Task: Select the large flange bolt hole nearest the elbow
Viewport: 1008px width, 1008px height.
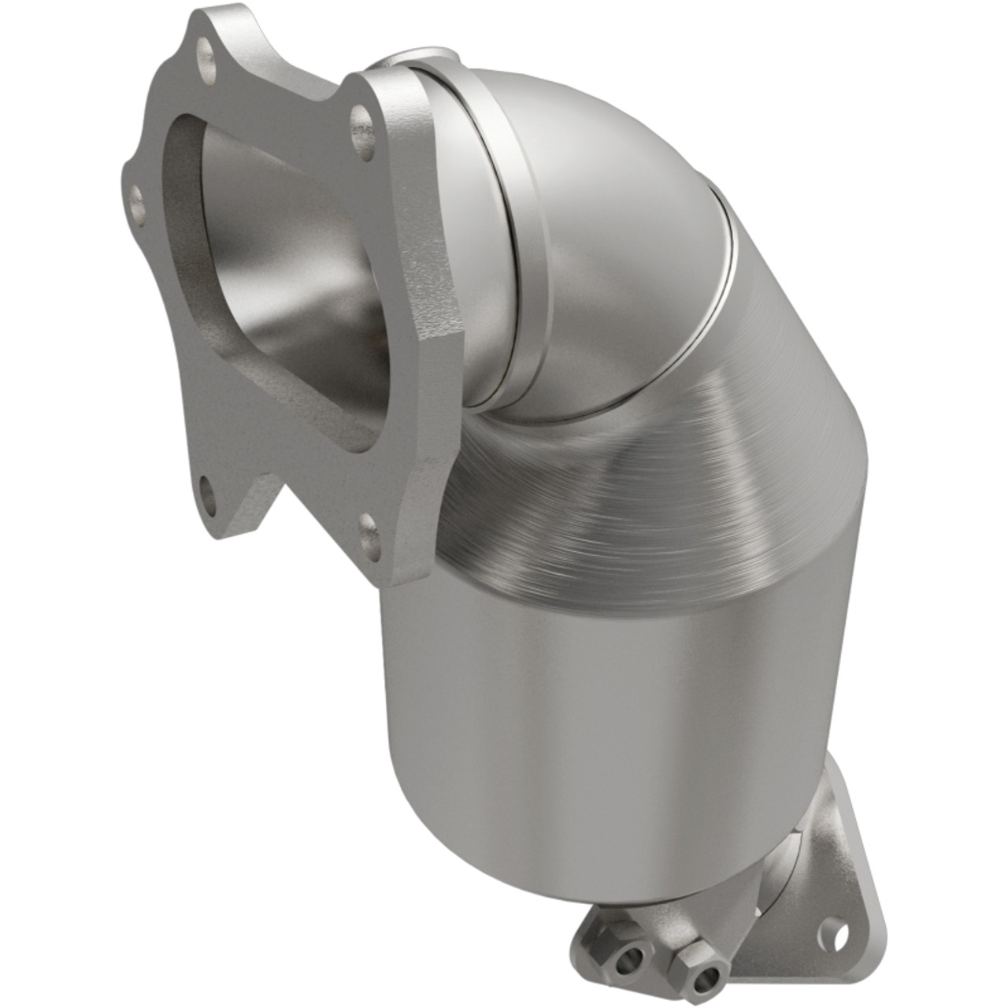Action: (x=361, y=121)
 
